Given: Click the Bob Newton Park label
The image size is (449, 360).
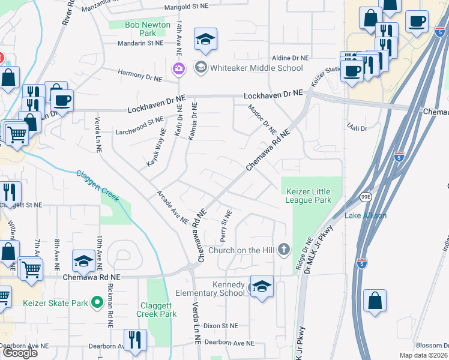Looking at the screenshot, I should (140, 29).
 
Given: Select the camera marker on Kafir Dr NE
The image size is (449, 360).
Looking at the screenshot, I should (178, 68).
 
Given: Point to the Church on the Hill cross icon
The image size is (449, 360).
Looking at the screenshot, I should (285, 250).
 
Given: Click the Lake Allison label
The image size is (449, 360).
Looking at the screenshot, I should (365, 215).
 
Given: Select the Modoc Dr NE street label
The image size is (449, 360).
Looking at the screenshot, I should (262, 118).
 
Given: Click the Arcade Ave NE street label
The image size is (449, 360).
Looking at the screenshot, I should (172, 207).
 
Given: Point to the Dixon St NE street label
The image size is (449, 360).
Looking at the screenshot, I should (220, 325).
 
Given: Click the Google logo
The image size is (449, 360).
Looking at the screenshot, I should (20, 353).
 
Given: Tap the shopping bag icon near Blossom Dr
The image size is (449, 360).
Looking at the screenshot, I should (375, 301).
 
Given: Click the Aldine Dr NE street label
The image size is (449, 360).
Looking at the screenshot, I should (289, 58).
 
